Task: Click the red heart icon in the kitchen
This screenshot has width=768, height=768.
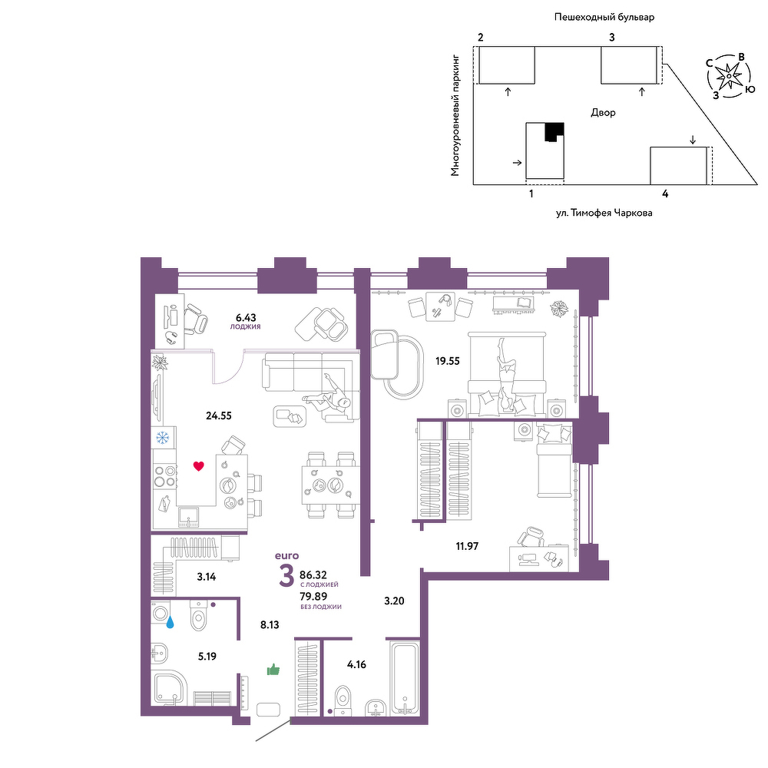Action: click(198, 466)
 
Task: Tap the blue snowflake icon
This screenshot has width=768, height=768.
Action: click(162, 438)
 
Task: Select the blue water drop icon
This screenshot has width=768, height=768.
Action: click(170, 622)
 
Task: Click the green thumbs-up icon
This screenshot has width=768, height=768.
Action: click(273, 670)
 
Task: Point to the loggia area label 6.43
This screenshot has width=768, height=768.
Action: click(246, 318)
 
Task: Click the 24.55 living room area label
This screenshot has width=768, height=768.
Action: click(218, 415)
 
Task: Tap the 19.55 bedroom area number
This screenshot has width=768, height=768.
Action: click(448, 361)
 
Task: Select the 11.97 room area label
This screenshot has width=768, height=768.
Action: click(467, 546)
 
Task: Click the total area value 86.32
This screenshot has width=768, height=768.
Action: click(313, 574)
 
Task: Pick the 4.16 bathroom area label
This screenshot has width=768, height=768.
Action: click(356, 664)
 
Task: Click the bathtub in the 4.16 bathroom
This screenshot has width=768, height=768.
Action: click(405, 679)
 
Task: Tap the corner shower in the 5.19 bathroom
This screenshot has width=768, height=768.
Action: click(168, 687)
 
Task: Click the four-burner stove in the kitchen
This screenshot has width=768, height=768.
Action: click(164, 476)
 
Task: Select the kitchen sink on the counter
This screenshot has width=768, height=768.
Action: click(189, 517)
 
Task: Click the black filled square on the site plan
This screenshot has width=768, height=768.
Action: click(554, 132)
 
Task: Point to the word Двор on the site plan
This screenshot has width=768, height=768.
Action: click(603, 113)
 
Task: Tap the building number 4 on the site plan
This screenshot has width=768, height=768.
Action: click(665, 194)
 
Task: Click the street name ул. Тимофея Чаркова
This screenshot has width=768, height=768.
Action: click(604, 213)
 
